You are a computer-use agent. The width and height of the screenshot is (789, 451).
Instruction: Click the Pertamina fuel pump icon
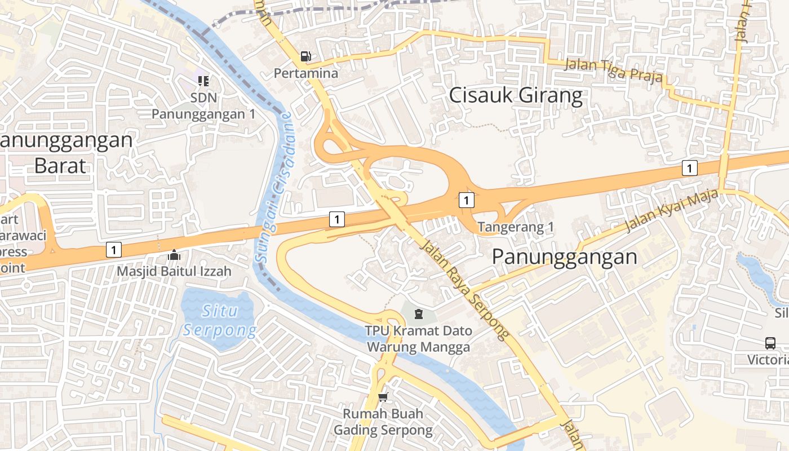[305, 56]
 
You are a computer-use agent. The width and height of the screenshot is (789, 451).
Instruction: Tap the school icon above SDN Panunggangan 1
[203, 81]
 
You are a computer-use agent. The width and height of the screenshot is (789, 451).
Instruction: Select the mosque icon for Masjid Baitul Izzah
[174, 255]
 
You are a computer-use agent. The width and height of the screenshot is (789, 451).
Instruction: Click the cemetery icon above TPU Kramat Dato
[418, 313]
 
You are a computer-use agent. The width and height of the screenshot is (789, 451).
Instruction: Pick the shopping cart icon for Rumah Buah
[383, 397]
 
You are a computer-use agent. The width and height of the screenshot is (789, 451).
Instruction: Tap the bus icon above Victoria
[770, 343]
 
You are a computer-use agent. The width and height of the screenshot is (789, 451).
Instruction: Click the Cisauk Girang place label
[515, 96]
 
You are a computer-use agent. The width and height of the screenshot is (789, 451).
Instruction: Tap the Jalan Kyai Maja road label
[672, 210]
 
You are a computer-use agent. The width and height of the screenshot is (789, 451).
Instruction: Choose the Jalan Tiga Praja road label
[613, 70]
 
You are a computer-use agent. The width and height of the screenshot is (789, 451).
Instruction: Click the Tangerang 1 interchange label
[516, 228]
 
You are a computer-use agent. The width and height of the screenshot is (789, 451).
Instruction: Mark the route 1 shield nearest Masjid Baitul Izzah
[114, 249]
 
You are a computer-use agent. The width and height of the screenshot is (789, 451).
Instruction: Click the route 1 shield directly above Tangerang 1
[466, 200]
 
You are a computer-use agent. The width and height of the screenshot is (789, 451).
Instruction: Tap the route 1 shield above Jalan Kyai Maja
[689, 167]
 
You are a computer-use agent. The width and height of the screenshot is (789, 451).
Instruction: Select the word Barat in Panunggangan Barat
[60, 166]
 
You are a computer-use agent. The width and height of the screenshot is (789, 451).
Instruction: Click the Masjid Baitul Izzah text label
[174, 271]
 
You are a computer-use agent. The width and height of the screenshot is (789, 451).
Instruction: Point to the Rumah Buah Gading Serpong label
[383, 422]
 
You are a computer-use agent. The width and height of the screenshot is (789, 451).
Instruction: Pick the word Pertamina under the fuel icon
[306, 73]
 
